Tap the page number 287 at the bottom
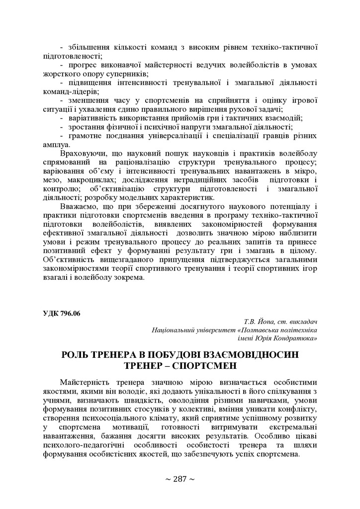point(180,479)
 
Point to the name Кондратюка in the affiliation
point(297,339)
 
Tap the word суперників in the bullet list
point(117,74)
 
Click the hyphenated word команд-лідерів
point(70,91)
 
